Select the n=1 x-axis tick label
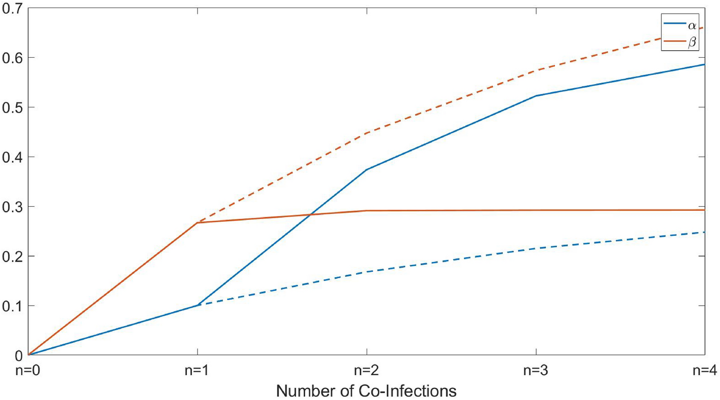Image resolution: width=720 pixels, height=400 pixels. pyautogui.click(x=197, y=371)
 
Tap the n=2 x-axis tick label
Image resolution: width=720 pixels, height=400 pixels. pyautogui.click(x=366, y=371)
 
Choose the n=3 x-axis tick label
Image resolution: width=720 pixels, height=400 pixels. pyautogui.click(x=535, y=371)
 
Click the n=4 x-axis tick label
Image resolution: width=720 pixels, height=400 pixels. pyautogui.click(x=703, y=371)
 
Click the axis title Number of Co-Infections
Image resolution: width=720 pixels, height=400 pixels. pyautogui.click(x=366, y=391)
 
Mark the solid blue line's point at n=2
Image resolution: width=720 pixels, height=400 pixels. pyautogui.click(x=366, y=169)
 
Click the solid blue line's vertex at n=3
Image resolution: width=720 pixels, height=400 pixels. pyautogui.click(x=535, y=96)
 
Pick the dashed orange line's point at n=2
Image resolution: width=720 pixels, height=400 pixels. pyautogui.click(x=366, y=133)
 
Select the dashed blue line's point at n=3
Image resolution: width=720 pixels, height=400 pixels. pyautogui.click(x=535, y=248)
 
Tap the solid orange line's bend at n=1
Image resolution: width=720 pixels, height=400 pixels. pyautogui.click(x=197, y=223)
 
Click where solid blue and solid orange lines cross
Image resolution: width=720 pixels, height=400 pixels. pyautogui.click(x=311, y=214)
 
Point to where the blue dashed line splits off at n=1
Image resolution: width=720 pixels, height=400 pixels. pyautogui.click(x=197, y=305)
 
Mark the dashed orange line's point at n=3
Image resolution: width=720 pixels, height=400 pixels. pyautogui.click(x=535, y=70)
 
